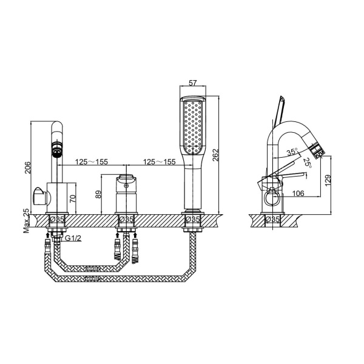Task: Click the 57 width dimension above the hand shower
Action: click(x=193, y=83)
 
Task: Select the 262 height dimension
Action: click(x=215, y=155)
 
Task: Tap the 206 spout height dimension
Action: click(x=27, y=167)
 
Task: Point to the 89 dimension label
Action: click(x=98, y=194)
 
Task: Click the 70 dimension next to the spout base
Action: click(x=73, y=198)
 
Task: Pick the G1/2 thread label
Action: click(x=73, y=238)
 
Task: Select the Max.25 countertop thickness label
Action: click(x=26, y=221)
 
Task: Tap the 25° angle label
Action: click(x=308, y=163)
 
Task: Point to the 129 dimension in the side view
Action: click(x=328, y=180)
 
